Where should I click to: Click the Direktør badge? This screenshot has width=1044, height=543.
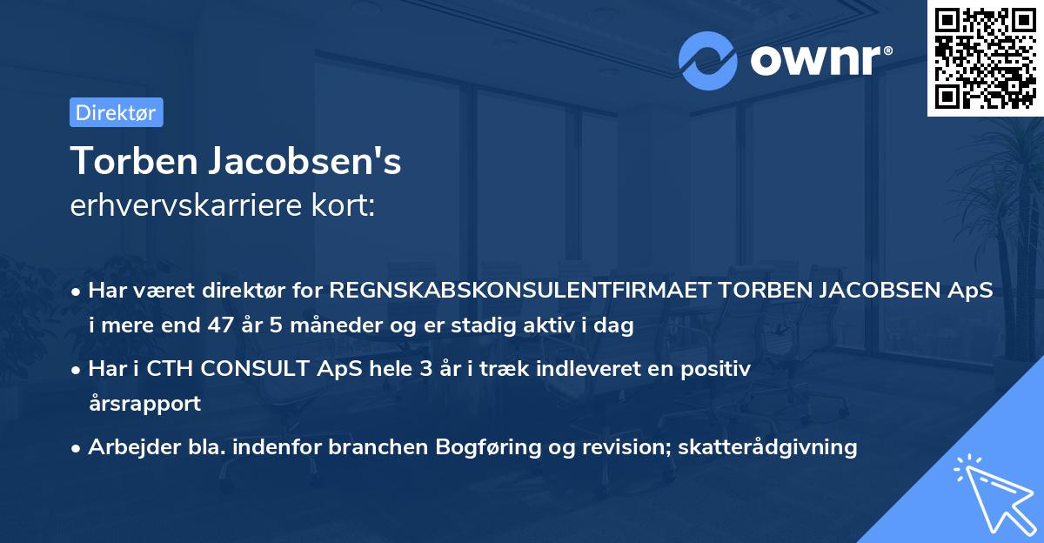(x=116, y=112)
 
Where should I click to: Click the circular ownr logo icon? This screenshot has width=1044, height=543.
(x=708, y=60)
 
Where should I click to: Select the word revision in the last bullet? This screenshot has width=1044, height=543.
(x=611, y=447)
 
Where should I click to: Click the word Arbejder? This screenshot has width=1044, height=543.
(x=127, y=447)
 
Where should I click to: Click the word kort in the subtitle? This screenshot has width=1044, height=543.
(x=347, y=206)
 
